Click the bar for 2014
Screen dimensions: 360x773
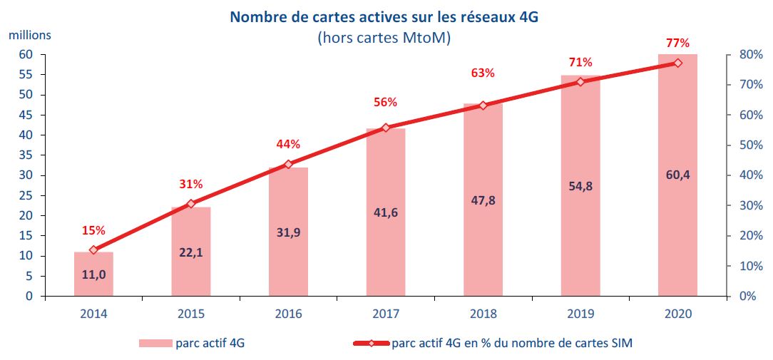[93, 274]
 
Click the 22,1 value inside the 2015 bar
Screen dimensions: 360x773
[190, 251]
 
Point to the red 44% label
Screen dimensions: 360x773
[288, 145]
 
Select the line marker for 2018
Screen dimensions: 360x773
[483, 106]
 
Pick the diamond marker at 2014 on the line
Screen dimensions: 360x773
[93, 250]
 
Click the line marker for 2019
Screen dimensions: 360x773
[580, 82]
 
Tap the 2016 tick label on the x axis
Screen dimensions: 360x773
[288, 314]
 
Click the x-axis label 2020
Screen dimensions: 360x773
[677, 314]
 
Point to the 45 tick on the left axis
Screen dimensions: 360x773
[26, 115]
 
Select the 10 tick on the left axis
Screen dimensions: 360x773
[26, 256]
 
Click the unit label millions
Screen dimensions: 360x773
[30, 34]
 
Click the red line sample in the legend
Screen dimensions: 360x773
[371, 344]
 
